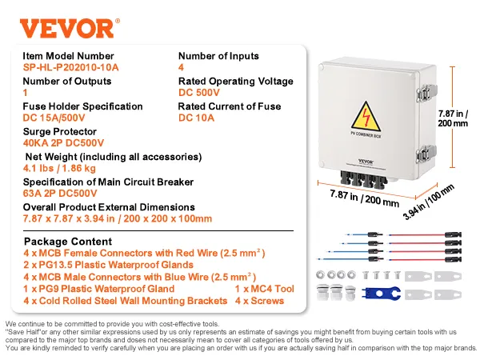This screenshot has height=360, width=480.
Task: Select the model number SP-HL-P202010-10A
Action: [x=71, y=69]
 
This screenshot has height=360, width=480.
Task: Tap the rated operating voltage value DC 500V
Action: [x=203, y=93]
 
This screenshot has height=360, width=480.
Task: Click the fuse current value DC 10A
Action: [x=199, y=118]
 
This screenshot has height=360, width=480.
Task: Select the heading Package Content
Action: [x=66, y=241]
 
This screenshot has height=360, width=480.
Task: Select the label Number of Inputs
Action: [x=218, y=56]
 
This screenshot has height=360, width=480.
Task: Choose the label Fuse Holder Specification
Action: [x=83, y=106]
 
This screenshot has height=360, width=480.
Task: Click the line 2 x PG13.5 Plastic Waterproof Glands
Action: [x=109, y=265]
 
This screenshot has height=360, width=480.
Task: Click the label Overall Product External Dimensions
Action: [x=109, y=206]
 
